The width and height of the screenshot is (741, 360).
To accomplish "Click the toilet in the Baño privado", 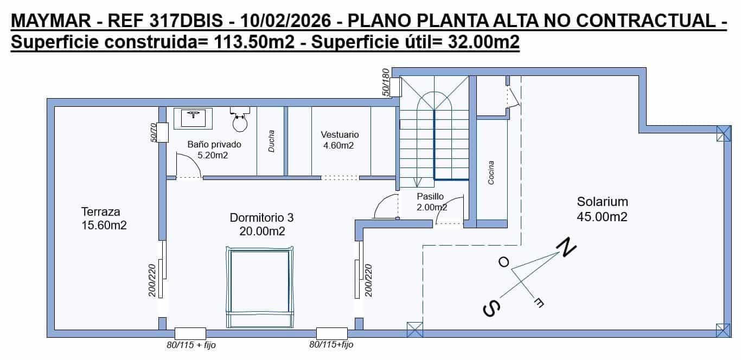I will pos(239,120).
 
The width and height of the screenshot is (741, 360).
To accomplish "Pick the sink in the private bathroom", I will pos(193,117).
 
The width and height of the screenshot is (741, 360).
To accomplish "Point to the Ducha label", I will pos(271,141).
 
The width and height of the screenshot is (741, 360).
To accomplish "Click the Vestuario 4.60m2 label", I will pos(340,140).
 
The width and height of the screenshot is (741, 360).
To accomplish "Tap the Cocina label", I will pos(491,173).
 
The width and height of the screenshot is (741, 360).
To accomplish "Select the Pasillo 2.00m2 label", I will pos(431,202).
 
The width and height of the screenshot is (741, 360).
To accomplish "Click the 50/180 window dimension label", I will pos(386,82).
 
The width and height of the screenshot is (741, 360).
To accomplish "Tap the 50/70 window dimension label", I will pos(154,133).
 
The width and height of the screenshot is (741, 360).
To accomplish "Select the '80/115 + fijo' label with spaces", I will pos(191,345).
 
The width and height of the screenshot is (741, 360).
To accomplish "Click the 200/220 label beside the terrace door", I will pos(152,280).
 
